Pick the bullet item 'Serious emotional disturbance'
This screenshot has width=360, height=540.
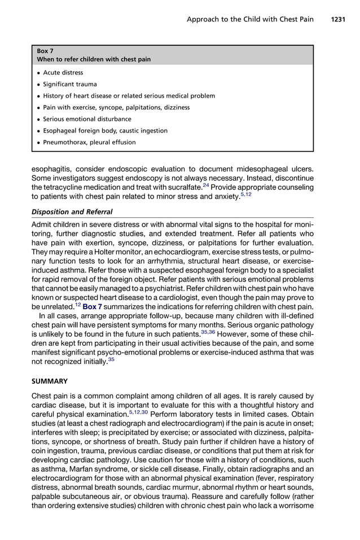[x=87, y=119]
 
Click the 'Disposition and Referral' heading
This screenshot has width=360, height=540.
[x=76, y=212]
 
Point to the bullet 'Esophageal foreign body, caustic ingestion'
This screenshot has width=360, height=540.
[x=105, y=131]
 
